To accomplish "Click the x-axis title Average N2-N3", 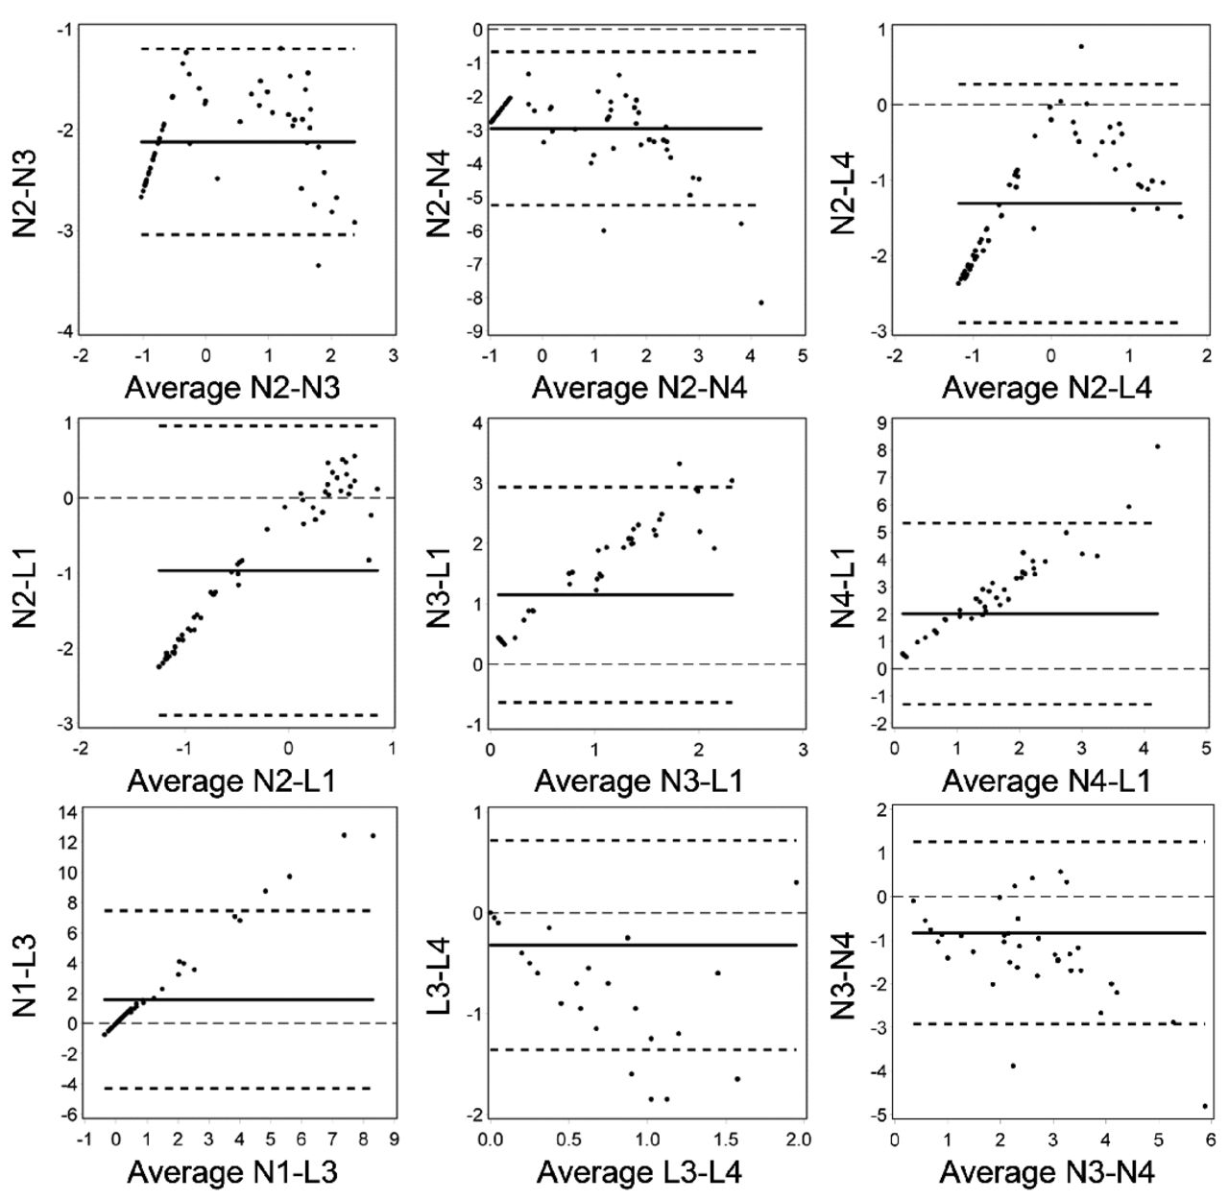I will pos(233,388).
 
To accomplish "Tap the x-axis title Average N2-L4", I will pos(1048,388).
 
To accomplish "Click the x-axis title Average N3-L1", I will pos(638,781).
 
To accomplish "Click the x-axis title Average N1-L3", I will pos(231,1172).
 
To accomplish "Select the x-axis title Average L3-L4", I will pos(639,1172).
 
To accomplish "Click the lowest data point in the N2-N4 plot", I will pos(761,302).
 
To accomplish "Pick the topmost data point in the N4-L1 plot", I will pos(1157,446).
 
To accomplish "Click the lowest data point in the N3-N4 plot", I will pos(1205,1106).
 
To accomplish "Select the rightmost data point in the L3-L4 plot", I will pos(796,882).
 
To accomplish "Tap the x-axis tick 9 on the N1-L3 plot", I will pos(394,1142).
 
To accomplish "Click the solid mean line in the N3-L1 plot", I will pos(614,594).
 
